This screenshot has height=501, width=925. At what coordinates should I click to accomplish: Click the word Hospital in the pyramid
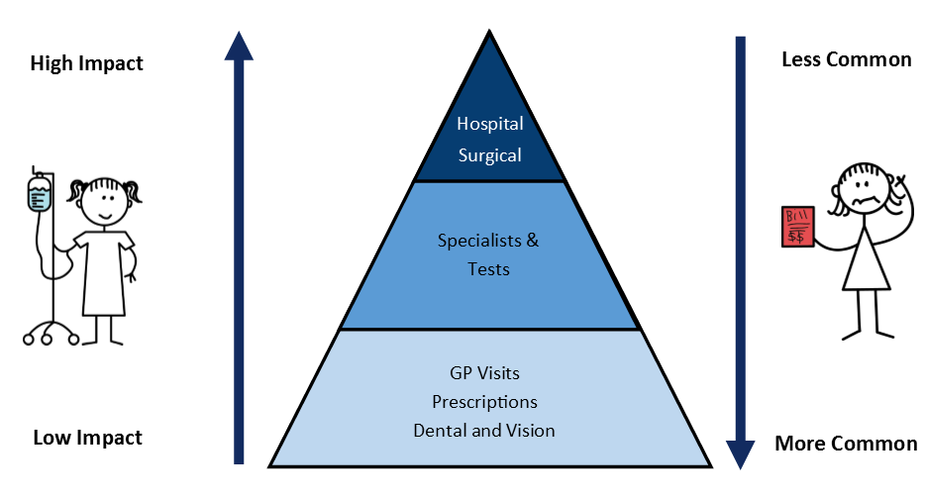coord(489,124)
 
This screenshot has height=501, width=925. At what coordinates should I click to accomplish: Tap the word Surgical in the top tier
coord(489,155)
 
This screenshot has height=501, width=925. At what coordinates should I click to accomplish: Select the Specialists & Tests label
coord(488,254)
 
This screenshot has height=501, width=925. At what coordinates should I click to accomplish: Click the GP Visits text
coord(484,373)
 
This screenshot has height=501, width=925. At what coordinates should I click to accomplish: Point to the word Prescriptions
coord(484,402)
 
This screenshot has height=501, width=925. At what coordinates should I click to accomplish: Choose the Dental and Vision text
coord(483,430)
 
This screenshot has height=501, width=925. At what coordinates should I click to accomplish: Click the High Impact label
coord(87,63)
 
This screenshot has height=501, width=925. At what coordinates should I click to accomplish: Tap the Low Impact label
coord(87,438)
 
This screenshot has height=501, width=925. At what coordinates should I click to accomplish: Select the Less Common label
coord(847,59)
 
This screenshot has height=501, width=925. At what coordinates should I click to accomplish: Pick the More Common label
coord(846,444)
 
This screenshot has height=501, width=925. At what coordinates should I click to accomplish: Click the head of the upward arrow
coord(239,46)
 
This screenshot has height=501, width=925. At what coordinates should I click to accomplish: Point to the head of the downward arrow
coord(741,455)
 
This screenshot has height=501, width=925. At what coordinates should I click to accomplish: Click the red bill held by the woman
coord(797,226)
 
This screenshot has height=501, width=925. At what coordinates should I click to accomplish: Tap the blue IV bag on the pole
coord(40,193)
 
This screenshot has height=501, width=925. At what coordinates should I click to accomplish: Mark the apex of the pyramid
coord(489,31)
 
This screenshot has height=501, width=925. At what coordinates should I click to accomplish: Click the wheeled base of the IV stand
coord(51,334)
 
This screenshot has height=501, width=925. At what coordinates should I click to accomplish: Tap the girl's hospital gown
coord(104,272)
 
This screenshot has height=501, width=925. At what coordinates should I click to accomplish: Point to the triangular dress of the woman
coord(866,259)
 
